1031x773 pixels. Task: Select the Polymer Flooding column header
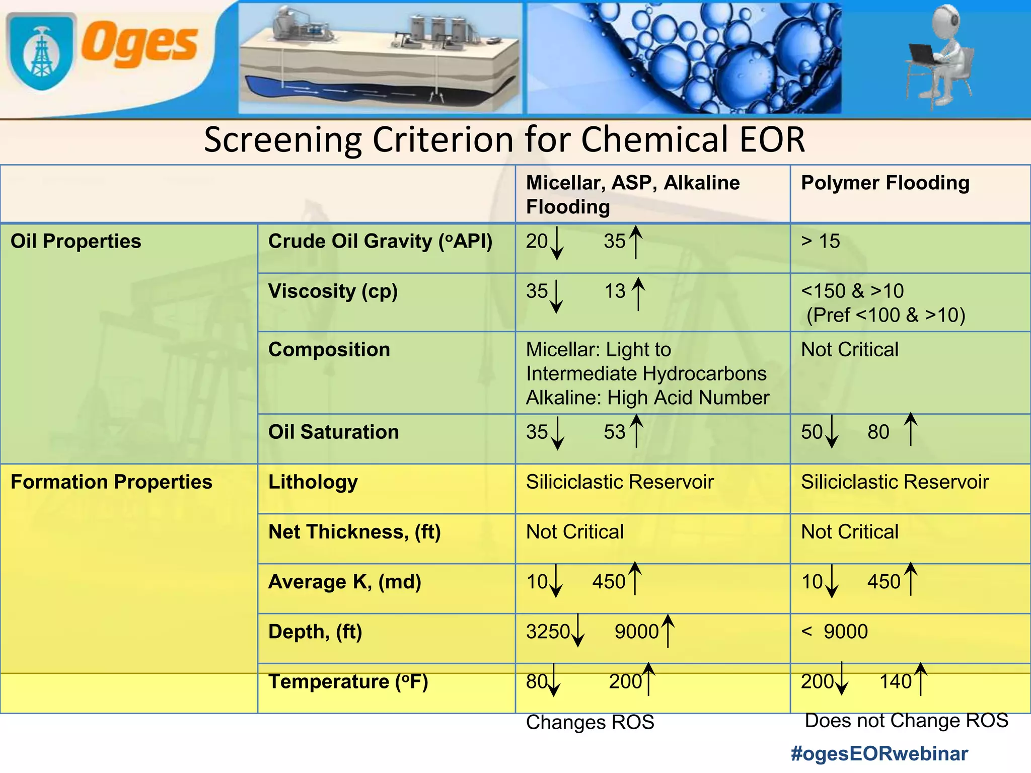coord(885,183)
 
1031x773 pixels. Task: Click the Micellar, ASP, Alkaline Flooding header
coord(633,194)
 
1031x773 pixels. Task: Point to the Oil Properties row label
coord(76,241)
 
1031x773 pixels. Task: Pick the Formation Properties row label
coord(111,482)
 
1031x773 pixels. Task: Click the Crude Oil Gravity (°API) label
coord(380,241)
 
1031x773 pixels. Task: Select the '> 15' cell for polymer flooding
coord(821,241)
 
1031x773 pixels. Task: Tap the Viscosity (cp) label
coord(333,291)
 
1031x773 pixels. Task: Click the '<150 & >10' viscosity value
coord(852,291)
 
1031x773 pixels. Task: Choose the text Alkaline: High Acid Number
coord(648,398)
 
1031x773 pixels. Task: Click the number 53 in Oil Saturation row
coord(615,432)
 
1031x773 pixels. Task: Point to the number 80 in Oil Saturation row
coord(878,432)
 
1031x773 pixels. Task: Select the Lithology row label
coord(313,482)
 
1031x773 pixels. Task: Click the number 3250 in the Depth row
coord(548,631)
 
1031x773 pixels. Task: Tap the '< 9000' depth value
coord(835,631)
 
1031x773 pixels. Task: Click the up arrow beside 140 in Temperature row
coord(920,679)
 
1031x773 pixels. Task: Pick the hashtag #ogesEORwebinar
coord(879,753)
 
